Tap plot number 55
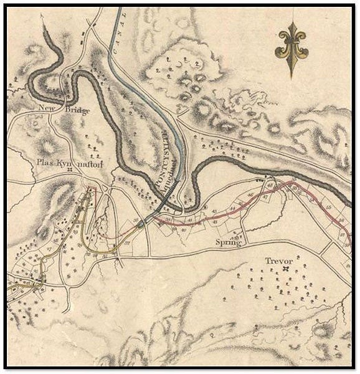329,204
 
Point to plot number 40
184,229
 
